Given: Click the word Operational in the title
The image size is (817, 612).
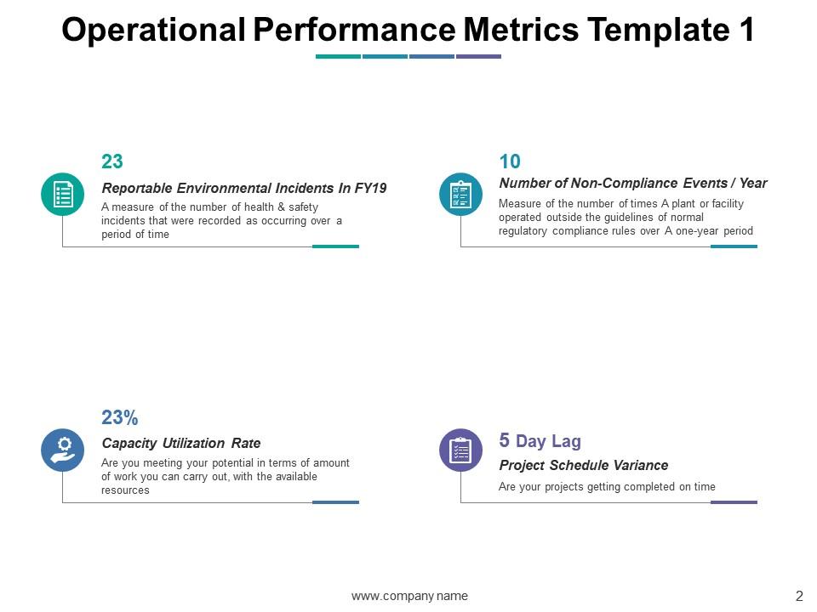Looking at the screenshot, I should [x=154, y=30].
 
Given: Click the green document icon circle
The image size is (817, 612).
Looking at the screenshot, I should [x=63, y=194].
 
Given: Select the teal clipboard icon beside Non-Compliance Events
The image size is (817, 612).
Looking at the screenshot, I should [x=460, y=194].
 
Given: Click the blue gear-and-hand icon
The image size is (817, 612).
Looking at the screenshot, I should [x=63, y=450].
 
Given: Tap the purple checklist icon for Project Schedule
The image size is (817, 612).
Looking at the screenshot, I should [x=460, y=450].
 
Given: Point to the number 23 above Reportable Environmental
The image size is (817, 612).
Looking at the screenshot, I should [x=112, y=161].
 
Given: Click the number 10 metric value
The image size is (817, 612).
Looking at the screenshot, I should [x=510, y=161].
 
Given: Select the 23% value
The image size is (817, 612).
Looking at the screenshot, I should [x=119, y=417].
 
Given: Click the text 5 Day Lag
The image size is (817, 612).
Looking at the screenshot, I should [x=540, y=440].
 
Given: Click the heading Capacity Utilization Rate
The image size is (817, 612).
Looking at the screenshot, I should [x=181, y=443].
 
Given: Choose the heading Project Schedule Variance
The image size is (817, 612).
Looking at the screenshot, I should [x=583, y=465].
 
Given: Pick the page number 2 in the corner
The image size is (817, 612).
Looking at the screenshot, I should [x=799, y=595].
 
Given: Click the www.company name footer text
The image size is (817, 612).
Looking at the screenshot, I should [x=409, y=596].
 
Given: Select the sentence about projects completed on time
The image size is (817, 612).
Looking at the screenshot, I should [x=607, y=487].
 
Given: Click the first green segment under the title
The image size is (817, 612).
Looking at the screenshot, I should [x=338, y=57].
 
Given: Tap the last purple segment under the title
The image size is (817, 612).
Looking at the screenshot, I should [x=478, y=57].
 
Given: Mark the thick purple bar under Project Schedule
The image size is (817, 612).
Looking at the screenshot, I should [x=734, y=502].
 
